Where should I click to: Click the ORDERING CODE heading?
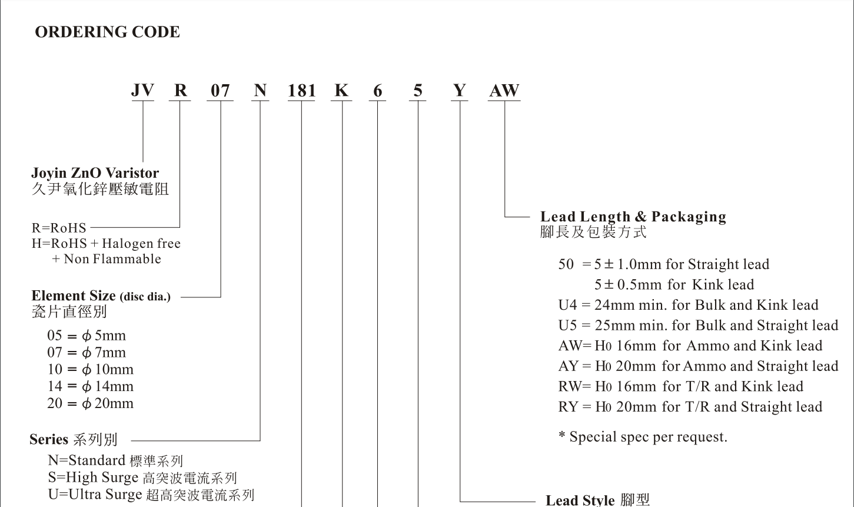tap(107, 32)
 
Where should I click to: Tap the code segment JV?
tap(142, 91)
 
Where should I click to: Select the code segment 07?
tap(220, 91)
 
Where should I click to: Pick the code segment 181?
tap(301, 91)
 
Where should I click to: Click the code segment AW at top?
tap(504, 91)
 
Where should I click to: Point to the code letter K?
tap(341, 91)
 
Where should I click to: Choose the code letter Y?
tap(459, 91)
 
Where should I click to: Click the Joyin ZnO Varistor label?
tap(95, 173)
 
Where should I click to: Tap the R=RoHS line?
tap(59, 228)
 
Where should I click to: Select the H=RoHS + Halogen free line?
tap(106, 244)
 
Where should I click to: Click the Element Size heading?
tap(101, 296)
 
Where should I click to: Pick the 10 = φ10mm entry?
tap(91, 370)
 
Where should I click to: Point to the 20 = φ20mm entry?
tap(91, 404)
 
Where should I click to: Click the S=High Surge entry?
tap(142, 478)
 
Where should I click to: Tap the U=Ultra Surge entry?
tap(151, 495)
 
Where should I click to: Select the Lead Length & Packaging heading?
tap(633, 217)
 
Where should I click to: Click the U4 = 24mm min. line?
tap(688, 305)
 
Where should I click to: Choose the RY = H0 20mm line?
tap(690, 407)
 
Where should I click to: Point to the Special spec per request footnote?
tap(643, 438)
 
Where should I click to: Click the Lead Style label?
tap(597, 500)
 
